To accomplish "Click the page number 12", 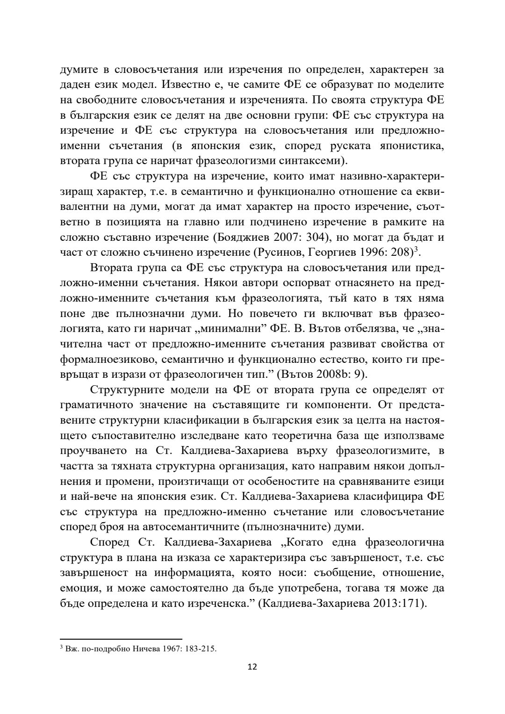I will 252,679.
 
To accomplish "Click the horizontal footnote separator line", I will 121,638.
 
